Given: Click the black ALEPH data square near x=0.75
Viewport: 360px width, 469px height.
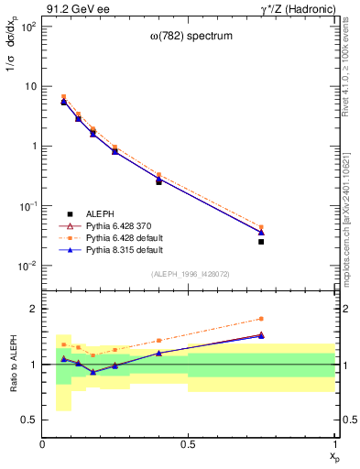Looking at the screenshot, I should (261, 242).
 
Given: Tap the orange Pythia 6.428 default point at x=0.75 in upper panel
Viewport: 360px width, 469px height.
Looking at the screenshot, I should (261, 227).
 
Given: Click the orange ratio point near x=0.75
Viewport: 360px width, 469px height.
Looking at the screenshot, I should (261, 319).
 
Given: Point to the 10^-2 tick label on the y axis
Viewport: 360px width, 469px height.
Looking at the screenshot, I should (27, 267).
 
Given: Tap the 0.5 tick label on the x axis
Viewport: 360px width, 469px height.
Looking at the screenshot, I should (189, 444).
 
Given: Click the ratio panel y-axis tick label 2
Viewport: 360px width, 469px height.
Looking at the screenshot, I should (34, 309).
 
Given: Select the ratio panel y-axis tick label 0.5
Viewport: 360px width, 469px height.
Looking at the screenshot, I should (30, 420).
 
